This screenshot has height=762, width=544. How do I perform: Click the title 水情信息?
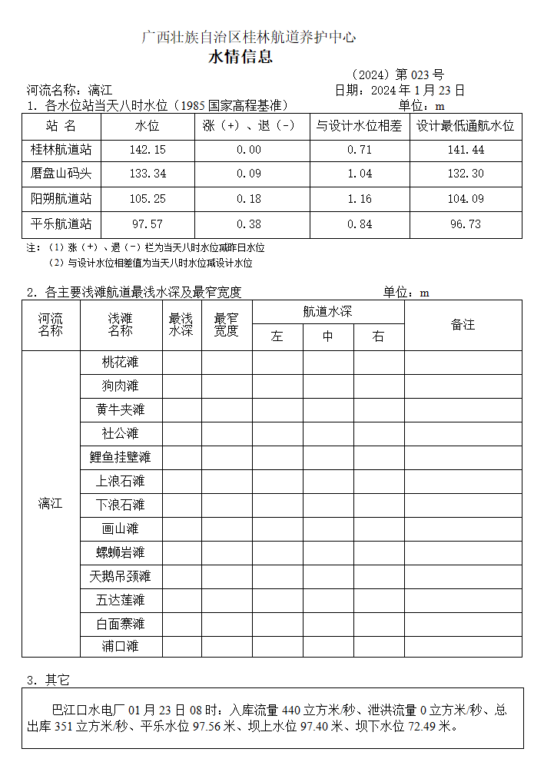pyautogui.click(x=240, y=58)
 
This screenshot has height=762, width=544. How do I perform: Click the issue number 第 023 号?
pyautogui.click(x=420, y=75)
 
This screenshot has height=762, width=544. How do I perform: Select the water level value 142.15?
pyautogui.click(x=148, y=150)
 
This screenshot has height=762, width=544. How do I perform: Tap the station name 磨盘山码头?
pyautogui.click(x=61, y=174)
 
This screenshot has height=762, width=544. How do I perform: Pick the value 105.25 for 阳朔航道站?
pyautogui.click(x=148, y=199)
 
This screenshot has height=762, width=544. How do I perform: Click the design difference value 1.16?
pyautogui.click(x=360, y=199)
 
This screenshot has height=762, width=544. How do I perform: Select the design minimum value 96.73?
pyautogui.click(x=465, y=224)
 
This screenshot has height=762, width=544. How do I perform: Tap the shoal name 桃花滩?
pyautogui.click(x=120, y=362)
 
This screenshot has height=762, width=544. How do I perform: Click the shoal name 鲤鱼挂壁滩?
pyautogui.click(x=120, y=457)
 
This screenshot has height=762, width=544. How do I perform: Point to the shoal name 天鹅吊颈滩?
pyautogui.click(x=120, y=576)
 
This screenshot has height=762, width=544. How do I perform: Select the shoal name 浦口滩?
pyautogui.click(x=120, y=646)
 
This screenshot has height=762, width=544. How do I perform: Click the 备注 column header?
pyautogui.click(x=463, y=325)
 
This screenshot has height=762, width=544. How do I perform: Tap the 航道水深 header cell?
pyautogui.click(x=327, y=312)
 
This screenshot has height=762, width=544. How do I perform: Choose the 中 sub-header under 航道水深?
pyautogui.click(x=327, y=337)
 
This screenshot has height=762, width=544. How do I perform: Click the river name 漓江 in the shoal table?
pyautogui.click(x=51, y=504)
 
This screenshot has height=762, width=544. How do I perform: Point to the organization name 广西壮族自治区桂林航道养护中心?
pyautogui.click(x=250, y=37)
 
